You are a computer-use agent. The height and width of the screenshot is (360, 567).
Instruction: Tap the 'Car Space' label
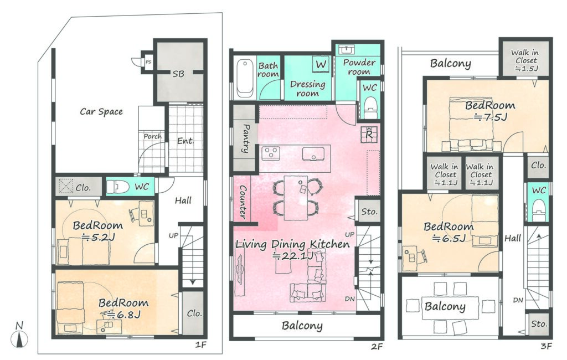[x=101, y=112]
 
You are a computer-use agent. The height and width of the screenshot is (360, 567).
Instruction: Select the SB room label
[x=178, y=74]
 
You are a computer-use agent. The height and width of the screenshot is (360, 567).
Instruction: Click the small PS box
[x=148, y=62]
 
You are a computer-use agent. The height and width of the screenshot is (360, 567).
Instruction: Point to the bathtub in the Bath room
[x=245, y=78]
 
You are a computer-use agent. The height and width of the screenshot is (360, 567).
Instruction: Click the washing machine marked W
[x=321, y=64]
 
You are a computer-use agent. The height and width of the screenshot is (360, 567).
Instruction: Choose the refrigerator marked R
[x=369, y=134]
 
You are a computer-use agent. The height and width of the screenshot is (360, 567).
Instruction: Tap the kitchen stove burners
[x=271, y=153]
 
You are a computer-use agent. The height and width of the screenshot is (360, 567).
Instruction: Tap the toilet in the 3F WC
[x=539, y=211]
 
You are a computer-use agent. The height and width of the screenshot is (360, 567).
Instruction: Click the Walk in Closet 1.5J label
[x=525, y=60]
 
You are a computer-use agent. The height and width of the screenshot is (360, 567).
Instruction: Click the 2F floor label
[x=377, y=347]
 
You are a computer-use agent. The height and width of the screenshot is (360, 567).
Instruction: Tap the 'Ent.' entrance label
[x=185, y=141]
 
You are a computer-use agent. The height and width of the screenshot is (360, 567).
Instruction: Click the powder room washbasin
[x=347, y=49]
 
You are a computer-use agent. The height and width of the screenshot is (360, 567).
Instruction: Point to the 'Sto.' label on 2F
[x=369, y=212]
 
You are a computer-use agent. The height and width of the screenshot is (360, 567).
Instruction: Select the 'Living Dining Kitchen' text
[x=292, y=244]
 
